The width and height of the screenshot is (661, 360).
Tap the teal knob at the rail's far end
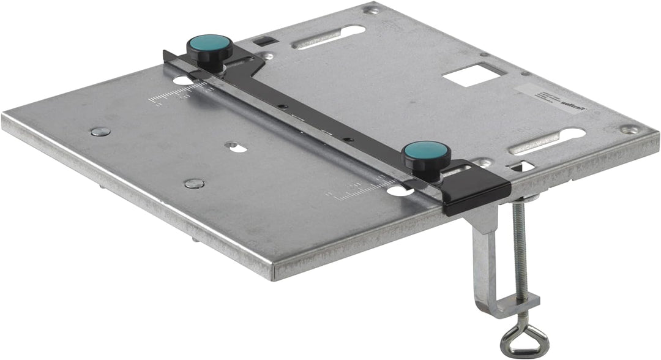click(x=210, y=44)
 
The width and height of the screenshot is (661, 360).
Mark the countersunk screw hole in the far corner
click(x=370, y=9)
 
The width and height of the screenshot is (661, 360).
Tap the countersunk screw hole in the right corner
click(x=630, y=129)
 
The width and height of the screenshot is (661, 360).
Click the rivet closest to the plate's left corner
click(x=100, y=131)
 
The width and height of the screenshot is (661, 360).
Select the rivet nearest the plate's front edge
click(x=194, y=183)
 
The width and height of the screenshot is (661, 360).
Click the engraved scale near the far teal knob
click(x=177, y=94)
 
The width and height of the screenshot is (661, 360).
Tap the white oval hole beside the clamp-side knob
click(x=398, y=191)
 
